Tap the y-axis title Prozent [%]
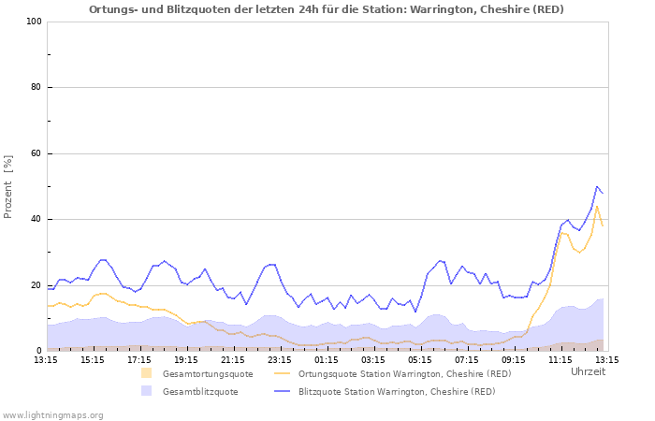(x=9, y=186)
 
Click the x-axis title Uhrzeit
(x=588, y=372)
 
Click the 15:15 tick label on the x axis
(x=93, y=359)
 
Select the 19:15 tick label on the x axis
(x=186, y=359)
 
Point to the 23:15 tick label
(x=280, y=359)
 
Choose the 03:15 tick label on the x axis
(x=373, y=359)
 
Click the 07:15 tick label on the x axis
(x=467, y=359)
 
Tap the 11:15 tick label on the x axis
(x=560, y=359)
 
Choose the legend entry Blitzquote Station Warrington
(x=397, y=392)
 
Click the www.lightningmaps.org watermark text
(x=53, y=414)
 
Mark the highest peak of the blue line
(x=597, y=186)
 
